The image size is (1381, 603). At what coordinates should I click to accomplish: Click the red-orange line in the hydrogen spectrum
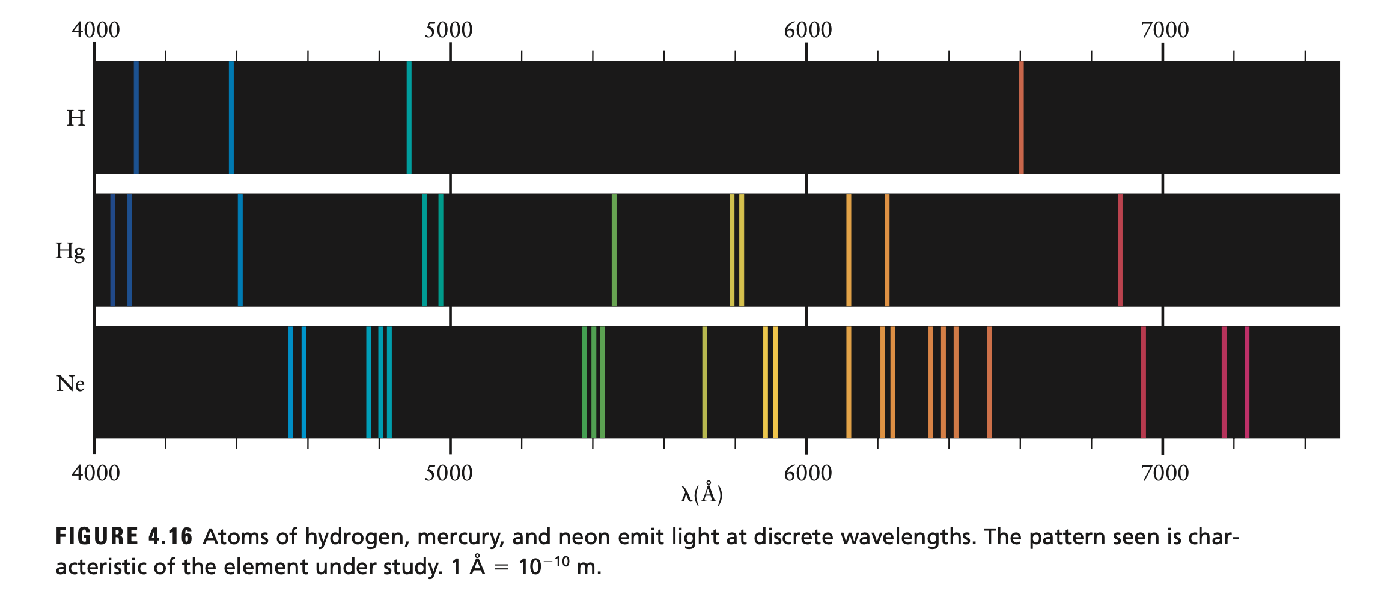pyautogui.click(x=1021, y=117)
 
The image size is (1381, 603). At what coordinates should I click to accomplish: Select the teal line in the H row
pyautogui.click(x=409, y=117)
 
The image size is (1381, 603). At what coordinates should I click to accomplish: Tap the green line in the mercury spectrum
pyautogui.click(x=614, y=250)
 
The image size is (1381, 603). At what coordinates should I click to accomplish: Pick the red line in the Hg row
pyautogui.click(x=1120, y=250)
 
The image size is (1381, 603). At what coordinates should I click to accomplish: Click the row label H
pyautogui.click(x=76, y=118)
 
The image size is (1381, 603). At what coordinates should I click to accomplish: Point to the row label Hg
pyautogui.click(x=70, y=251)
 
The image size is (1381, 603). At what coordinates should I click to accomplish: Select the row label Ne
pyautogui.click(x=71, y=383)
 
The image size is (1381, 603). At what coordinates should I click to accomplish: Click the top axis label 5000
pyautogui.click(x=448, y=30)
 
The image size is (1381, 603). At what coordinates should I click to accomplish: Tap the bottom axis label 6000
pyautogui.click(x=808, y=473)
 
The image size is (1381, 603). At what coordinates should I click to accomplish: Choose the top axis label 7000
pyautogui.click(x=1165, y=30)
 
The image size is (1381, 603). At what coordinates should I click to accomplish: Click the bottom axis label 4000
pyautogui.click(x=96, y=473)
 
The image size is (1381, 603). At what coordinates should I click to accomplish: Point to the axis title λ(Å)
pyautogui.click(x=702, y=494)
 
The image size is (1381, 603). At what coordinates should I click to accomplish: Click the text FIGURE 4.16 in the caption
pyautogui.click(x=124, y=536)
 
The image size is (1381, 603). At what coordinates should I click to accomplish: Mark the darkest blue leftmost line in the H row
pyautogui.click(x=136, y=117)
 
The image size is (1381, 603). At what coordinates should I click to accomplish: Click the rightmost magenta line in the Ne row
pyautogui.click(x=1247, y=383)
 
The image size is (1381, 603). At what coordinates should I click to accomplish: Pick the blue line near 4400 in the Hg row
pyautogui.click(x=240, y=250)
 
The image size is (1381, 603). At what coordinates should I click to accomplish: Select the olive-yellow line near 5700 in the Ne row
pyautogui.click(x=704, y=383)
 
